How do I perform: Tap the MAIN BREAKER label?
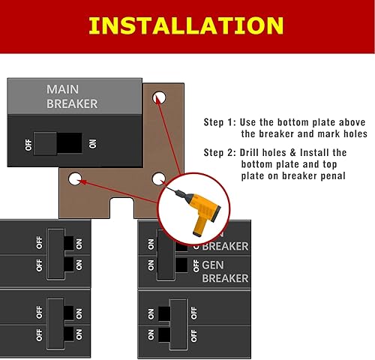(x=72, y=96)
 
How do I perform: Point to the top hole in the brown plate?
(x=159, y=96)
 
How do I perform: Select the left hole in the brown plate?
(x=74, y=179)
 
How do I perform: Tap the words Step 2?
(x=220, y=152)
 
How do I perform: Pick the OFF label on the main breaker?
(x=28, y=142)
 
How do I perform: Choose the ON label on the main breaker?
(x=93, y=142)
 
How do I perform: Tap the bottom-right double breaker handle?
(x=178, y=321)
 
